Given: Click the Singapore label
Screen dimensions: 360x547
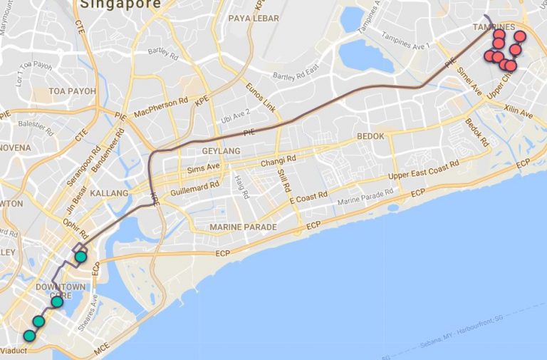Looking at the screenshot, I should [x=120, y=4].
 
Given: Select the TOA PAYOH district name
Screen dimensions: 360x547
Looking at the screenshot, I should [x=72, y=91].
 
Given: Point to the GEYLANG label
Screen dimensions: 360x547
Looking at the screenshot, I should [x=221, y=151].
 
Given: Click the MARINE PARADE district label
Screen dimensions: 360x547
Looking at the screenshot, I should [x=243, y=227].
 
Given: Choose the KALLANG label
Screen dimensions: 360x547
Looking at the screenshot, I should [x=109, y=193].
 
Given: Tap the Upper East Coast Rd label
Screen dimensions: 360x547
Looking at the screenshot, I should [x=424, y=171].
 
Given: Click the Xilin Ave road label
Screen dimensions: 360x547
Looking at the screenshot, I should [x=518, y=113].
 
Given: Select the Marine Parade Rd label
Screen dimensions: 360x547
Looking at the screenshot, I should [x=365, y=195].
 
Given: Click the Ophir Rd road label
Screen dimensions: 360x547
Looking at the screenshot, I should [x=74, y=227].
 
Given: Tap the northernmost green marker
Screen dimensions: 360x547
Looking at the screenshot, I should [x=80, y=256].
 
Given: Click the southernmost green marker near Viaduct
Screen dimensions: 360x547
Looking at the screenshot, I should [x=29, y=335].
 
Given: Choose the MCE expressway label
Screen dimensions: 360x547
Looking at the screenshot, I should [x=103, y=351].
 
